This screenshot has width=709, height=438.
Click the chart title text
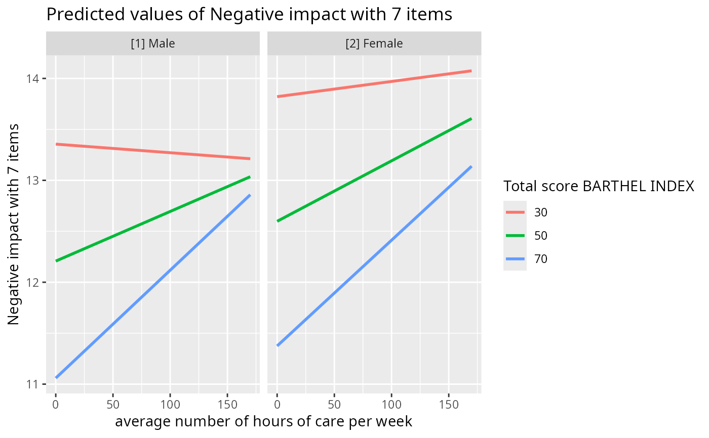[249, 14]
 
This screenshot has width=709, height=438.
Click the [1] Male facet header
[152, 43]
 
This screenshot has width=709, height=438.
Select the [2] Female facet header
[374, 43]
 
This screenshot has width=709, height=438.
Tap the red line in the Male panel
[152, 151]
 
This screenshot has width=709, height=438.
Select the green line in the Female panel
[374, 170]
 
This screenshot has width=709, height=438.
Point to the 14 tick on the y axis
[36, 79]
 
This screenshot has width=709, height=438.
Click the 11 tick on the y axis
[36, 384]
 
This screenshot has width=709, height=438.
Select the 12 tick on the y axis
[36, 282]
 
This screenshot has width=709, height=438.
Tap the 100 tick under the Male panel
[170, 405]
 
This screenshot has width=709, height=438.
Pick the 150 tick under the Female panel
[448, 405]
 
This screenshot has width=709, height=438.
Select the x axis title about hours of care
[263, 422]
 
